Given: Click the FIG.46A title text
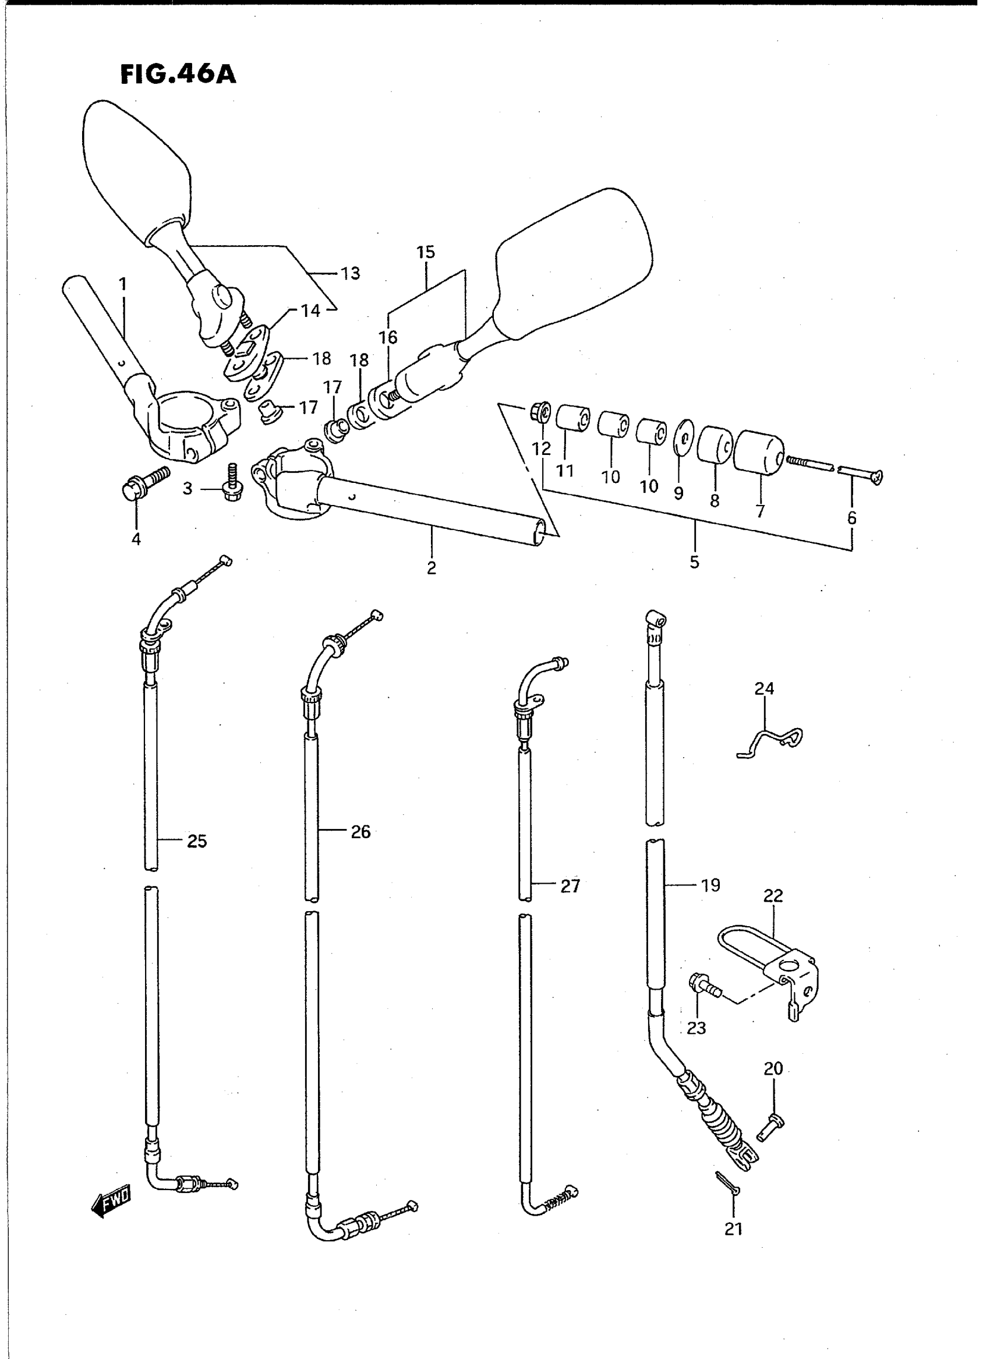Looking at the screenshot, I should pos(178,75).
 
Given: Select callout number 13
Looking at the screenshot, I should pos(350,273).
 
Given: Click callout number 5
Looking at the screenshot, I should pos(694,562).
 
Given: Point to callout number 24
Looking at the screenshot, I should pos(764,688).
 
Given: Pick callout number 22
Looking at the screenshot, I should pos(773,912).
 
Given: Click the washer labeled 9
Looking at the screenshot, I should pos(683,433).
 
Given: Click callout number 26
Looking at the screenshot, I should pos(360,831).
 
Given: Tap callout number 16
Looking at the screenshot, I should pos(388,337).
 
